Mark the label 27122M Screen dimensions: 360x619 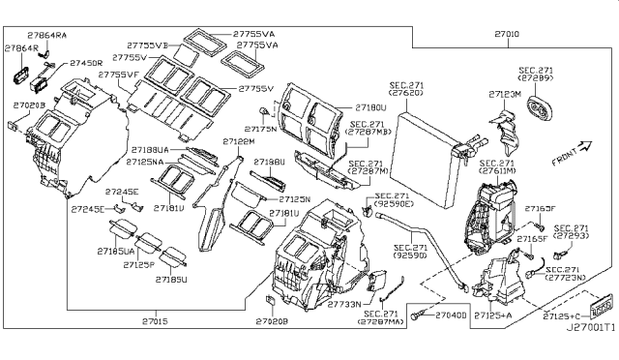238,141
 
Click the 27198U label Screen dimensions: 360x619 269,163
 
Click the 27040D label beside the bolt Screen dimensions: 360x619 451,315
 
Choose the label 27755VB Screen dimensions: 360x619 147,45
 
